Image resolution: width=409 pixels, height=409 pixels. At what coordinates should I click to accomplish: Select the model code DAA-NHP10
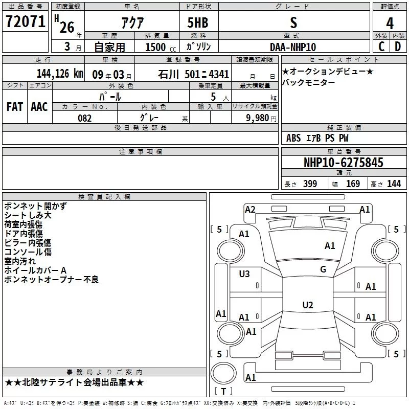292,47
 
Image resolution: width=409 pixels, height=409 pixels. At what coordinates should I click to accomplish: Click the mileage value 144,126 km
60,73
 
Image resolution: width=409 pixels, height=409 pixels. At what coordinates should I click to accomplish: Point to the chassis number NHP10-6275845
343,163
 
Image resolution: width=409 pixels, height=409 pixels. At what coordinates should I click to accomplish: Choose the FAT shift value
14,106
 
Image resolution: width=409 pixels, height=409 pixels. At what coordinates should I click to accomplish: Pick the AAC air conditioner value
39,106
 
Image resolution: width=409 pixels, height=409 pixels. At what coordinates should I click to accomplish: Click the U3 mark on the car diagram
244,274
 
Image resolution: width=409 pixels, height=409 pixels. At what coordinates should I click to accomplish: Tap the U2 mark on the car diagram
307,305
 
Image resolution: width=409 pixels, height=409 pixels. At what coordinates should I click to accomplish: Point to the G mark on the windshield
323,269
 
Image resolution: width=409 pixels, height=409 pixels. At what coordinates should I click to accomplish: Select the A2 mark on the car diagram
250,209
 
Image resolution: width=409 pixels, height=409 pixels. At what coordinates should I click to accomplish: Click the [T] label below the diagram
223,391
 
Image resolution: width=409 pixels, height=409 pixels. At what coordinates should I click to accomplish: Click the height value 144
394,184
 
